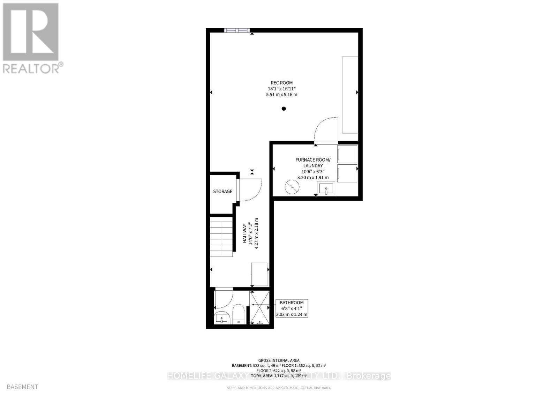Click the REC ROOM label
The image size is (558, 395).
point(281,83)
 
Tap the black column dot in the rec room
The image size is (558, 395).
point(284,109)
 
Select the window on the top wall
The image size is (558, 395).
point(237,30)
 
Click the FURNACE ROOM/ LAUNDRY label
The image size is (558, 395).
point(312,163)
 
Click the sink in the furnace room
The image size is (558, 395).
point(326,189)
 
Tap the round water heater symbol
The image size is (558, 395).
point(292,187)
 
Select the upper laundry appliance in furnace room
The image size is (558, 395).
point(347,154)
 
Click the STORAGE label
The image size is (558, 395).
point(223,191)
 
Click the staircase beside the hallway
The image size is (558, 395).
point(221,237)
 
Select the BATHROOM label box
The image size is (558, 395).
point(292,308)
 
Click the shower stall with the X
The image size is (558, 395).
point(259,307)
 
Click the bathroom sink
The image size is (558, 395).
point(221,318)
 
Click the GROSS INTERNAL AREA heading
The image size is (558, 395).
point(279,360)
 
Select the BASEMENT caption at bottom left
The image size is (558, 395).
point(22,387)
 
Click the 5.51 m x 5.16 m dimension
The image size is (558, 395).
point(281,95)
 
